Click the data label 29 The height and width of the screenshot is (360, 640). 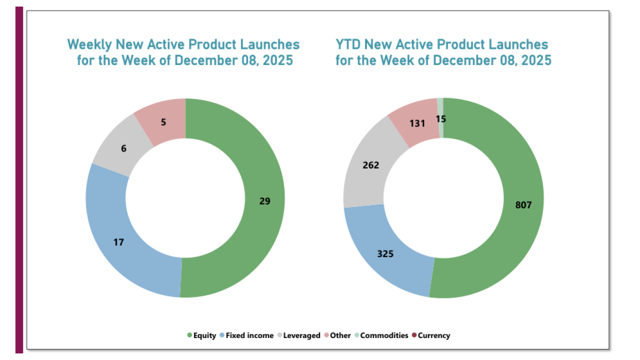click(264, 201)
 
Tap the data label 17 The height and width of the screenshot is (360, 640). click(118, 242)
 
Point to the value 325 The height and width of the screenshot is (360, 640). click(385, 253)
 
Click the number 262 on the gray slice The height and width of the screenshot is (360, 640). click(371, 165)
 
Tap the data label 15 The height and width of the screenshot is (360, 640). click(440, 118)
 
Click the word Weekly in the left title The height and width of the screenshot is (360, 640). click(89, 44)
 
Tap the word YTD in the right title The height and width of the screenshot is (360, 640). click(348, 44)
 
